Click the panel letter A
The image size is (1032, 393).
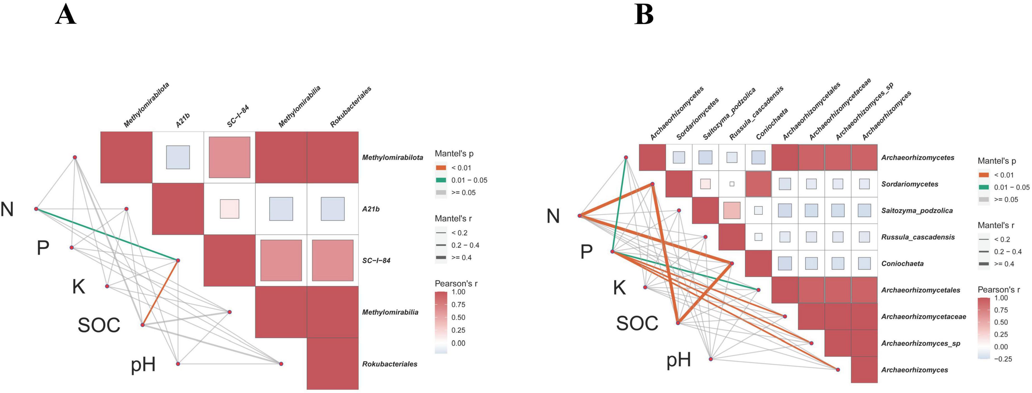(x=66, y=15)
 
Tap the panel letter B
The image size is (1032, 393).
(x=644, y=15)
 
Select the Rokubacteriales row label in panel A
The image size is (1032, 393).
(x=389, y=364)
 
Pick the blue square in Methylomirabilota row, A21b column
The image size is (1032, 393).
(x=178, y=157)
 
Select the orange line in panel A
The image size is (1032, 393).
(x=160, y=292)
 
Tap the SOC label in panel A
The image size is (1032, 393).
(x=98, y=325)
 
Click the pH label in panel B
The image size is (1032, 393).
(x=678, y=360)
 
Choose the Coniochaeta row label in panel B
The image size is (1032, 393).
(x=902, y=263)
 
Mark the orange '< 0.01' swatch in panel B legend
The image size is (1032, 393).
(x=983, y=175)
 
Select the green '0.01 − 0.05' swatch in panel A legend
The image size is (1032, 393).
(x=441, y=180)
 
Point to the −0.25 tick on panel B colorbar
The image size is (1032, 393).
(x=1003, y=359)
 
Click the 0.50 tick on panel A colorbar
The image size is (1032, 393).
(x=458, y=317)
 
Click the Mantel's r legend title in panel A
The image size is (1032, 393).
(x=453, y=218)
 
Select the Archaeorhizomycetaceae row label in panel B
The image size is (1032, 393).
(x=923, y=317)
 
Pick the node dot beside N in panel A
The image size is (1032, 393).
(x=36, y=209)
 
